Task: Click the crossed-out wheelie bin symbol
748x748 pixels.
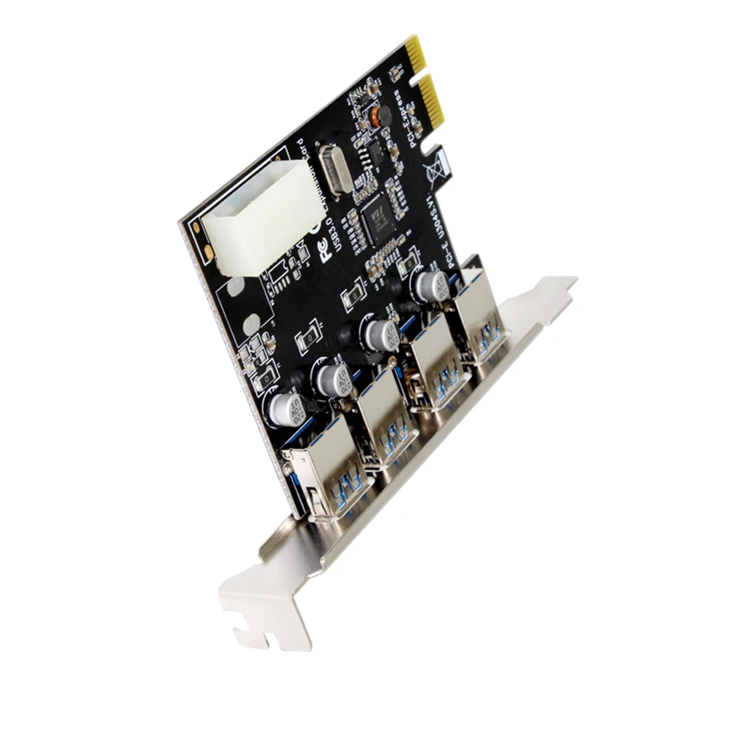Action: click(437, 168)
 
